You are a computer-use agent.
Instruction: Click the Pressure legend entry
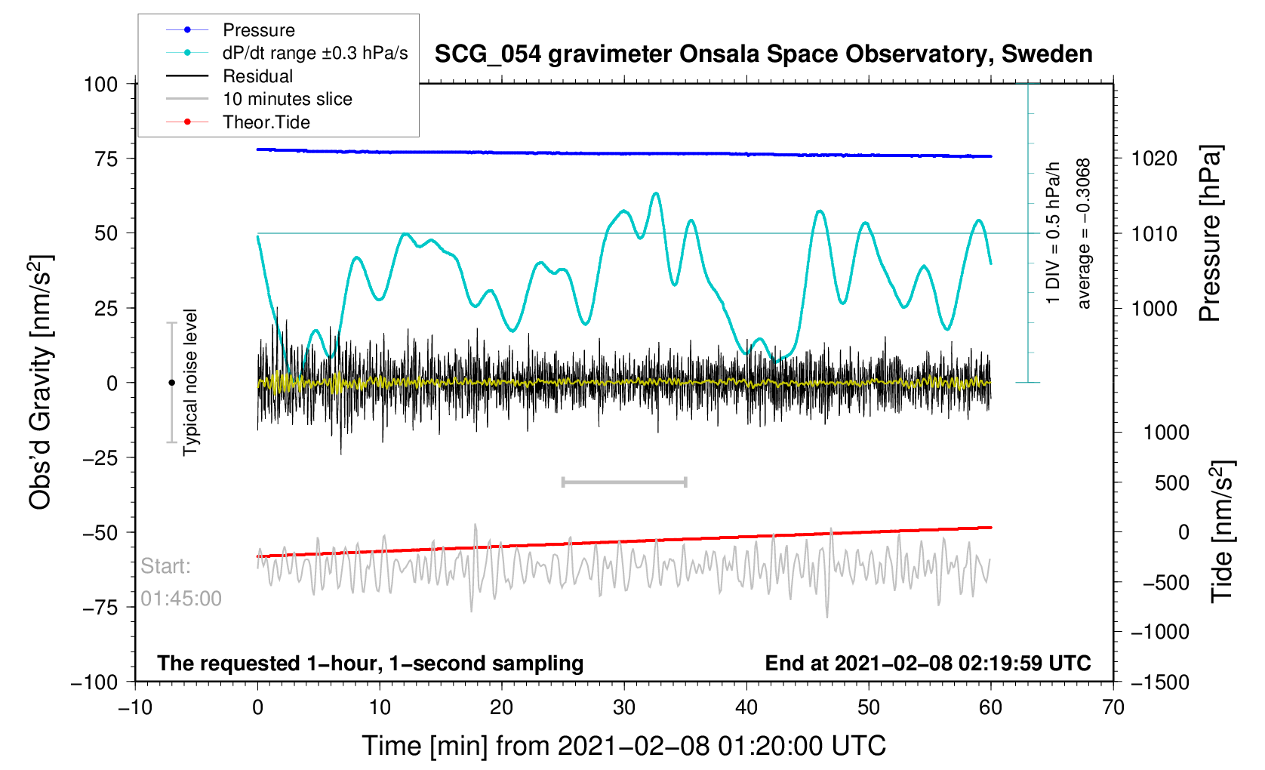point(258,30)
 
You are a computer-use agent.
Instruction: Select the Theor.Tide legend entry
point(266,122)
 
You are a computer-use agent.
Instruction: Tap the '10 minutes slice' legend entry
point(287,99)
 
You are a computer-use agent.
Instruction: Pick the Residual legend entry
point(257,76)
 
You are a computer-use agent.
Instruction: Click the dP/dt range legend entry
point(315,53)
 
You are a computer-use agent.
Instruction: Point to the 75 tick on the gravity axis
point(106,159)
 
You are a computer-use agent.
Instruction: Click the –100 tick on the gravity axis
point(94,682)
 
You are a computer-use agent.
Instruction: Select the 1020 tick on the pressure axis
point(1154,159)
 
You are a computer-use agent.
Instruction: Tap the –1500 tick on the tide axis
point(1160,682)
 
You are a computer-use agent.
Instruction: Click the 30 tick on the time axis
point(624,707)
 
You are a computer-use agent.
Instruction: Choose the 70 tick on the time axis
point(1113,707)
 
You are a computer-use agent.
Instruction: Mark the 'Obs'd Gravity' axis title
point(40,381)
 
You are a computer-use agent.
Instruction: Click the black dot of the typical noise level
point(171,383)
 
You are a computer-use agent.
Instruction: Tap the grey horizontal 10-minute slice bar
point(624,482)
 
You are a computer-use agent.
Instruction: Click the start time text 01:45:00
point(181,599)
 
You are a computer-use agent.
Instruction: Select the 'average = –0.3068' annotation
point(1084,234)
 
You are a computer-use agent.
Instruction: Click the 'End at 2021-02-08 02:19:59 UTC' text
point(928,664)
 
